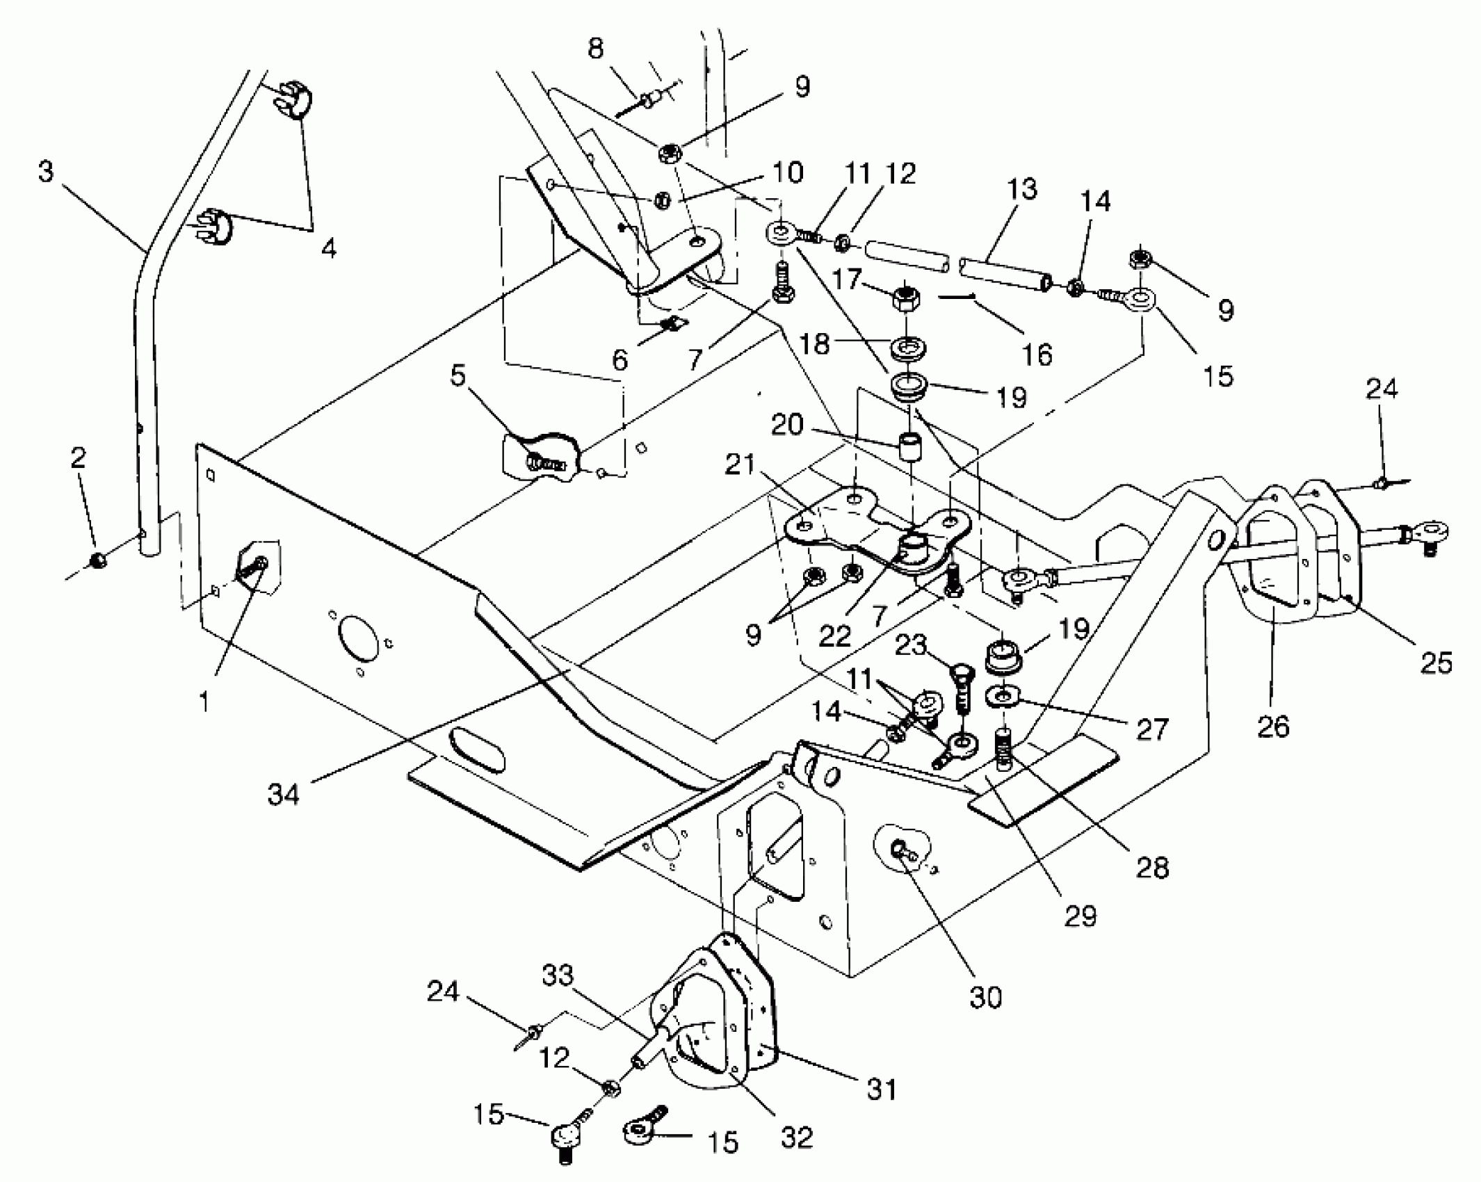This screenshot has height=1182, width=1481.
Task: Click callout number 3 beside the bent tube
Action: [45, 171]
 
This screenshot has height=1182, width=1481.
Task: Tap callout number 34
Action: [283, 794]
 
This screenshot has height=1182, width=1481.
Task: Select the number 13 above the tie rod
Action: [1021, 189]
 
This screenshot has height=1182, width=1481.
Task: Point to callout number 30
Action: [985, 998]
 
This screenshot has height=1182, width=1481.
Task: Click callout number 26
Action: [1273, 727]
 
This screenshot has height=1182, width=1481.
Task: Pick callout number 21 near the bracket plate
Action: [740, 464]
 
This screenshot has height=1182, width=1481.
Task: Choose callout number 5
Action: [457, 375]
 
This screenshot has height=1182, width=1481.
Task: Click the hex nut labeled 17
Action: [906, 300]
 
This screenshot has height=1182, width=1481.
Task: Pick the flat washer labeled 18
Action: [907, 346]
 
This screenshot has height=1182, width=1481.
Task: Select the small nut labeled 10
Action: [662, 200]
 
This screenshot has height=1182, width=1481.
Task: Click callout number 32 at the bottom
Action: [797, 1138]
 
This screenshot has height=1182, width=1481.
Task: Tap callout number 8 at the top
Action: [595, 49]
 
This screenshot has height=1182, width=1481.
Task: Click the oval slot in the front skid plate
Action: [476, 749]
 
